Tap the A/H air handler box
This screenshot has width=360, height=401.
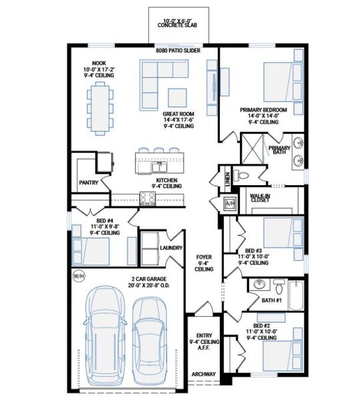tap(230, 203)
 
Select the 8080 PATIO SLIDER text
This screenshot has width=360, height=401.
tap(178, 51)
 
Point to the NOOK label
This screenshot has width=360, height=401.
tap(99, 63)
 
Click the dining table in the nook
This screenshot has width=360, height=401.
tap(99, 106)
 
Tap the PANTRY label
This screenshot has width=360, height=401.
tap(88, 182)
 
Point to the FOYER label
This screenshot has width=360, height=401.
tap(204, 257)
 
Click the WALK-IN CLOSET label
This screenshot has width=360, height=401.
tap(260, 198)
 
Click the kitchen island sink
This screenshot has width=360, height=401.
tap(157, 164)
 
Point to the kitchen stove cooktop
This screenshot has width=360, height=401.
tap(146, 198)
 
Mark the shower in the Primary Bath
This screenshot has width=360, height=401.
tap(253, 149)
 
